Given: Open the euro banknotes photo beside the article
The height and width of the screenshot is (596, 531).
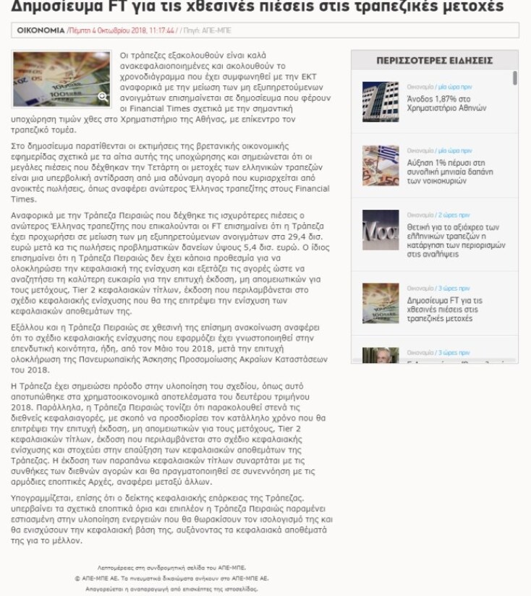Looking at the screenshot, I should tap(61, 78).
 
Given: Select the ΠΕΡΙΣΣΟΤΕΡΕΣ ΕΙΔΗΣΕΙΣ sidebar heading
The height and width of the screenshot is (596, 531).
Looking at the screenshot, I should tap(434, 60).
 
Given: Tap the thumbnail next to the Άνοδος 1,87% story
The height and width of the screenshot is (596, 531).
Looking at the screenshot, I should tap(381, 102).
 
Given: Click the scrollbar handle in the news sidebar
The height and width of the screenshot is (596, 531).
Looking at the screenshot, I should tap(514, 78).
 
